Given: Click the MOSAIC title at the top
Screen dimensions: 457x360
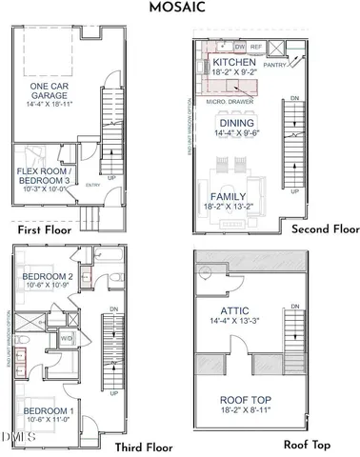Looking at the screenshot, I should click(179, 10).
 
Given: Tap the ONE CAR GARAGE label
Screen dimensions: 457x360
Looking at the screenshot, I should click(50, 91).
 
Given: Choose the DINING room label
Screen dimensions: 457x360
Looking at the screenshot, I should click(236, 123).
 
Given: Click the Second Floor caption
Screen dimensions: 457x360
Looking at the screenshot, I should click(325, 229).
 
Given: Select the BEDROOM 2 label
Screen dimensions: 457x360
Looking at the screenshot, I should click(48, 277).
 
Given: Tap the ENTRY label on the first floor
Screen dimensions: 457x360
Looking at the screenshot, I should click(92, 185).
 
